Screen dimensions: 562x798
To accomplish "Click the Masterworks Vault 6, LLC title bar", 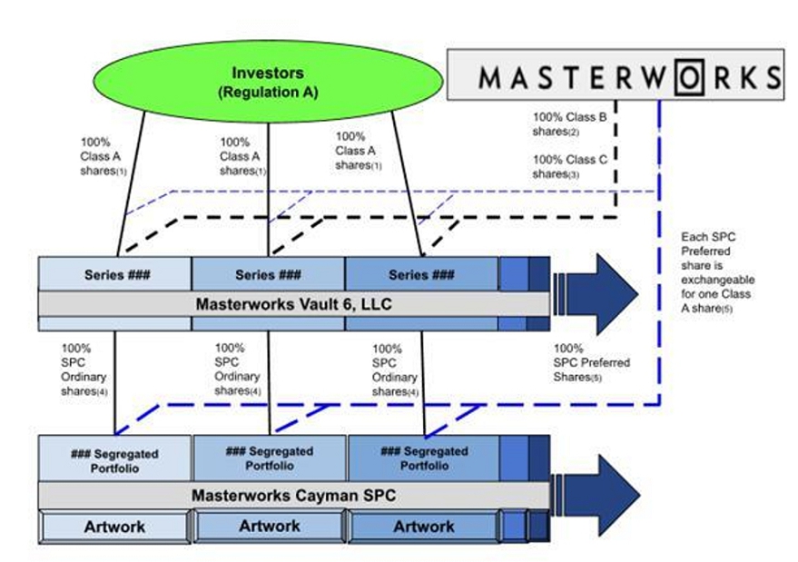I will click(x=293, y=303).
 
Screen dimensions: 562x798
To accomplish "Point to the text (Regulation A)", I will click(x=268, y=92).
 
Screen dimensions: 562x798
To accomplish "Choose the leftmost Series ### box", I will click(x=115, y=274).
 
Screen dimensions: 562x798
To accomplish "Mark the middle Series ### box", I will click(x=268, y=274).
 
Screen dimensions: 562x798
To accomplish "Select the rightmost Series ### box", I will click(x=421, y=274).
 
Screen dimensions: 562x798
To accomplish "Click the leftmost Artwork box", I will click(x=114, y=527).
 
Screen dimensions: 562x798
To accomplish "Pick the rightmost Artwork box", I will click(x=423, y=527).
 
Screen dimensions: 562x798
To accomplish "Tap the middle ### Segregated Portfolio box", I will click(x=269, y=458).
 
